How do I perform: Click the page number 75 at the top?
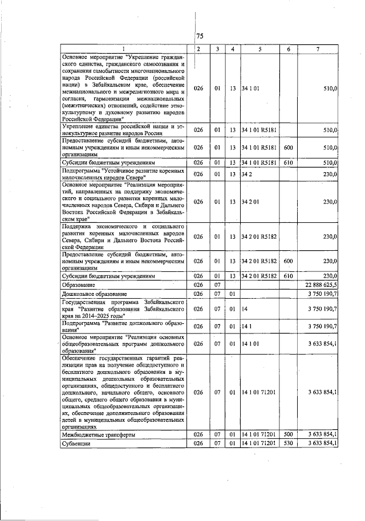click(x=200, y=36)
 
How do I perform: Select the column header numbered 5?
click(x=259, y=48)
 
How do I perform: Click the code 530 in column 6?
click(x=288, y=443)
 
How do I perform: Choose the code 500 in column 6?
click(x=288, y=434)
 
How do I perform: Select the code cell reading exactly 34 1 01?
click(x=251, y=89)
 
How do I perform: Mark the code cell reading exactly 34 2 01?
click(x=251, y=202)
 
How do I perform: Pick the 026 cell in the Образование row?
click(x=198, y=284)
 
